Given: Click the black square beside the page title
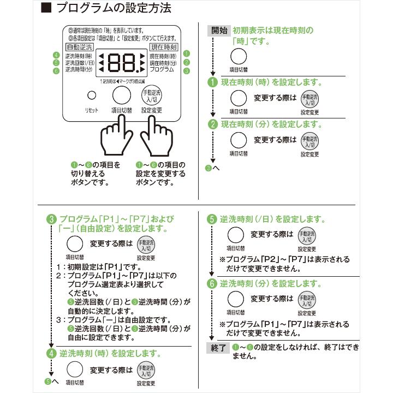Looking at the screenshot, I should coord(46,8).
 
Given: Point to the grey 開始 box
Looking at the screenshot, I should coord(219,31).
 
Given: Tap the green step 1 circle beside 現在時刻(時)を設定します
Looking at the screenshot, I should coord(213,83).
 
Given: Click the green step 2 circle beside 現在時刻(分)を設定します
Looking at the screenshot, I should coord(213,124).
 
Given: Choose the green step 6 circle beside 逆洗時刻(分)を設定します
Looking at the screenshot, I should coord(212,284).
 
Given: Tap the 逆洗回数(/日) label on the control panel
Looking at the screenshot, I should coord(79,63).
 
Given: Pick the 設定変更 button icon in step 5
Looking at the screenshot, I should coord(307,236).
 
